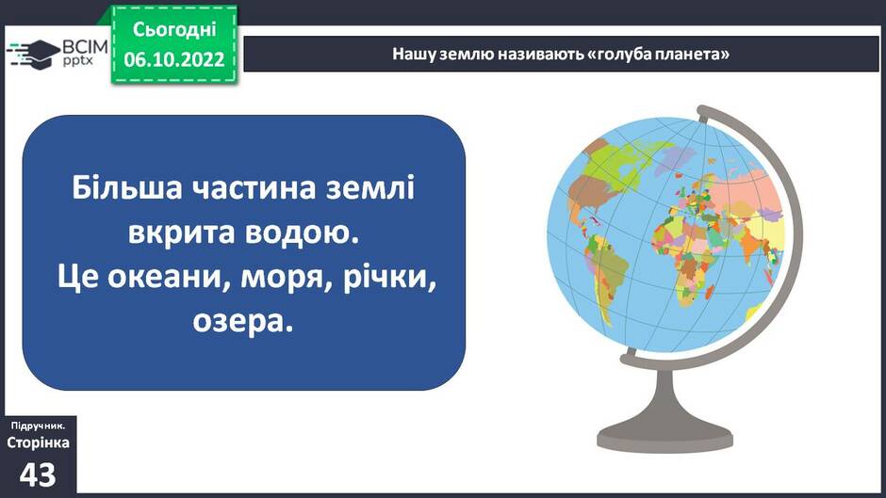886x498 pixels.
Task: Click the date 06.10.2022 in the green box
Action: [174, 59]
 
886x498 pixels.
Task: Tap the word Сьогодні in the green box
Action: [174, 29]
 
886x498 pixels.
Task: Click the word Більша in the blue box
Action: [127, 187]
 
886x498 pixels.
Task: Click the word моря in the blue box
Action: [287, 280]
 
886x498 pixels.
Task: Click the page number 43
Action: [38, 474]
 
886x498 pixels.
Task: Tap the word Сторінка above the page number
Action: [38, 442]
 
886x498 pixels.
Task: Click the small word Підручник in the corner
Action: [38, 426]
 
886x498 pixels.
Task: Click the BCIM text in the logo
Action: [84, 46]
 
